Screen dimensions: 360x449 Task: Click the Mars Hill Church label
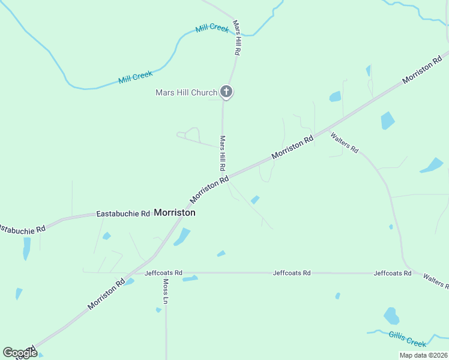click(x=186, y=92)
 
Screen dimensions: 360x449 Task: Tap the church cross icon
click(x=226, y=92)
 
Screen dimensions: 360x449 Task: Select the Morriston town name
click(x=175, y=212)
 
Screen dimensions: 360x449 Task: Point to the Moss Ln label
click(x=165, y=291)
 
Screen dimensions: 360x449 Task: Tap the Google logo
click(x=19, y=353)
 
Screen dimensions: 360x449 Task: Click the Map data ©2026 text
click(x=423, y=355)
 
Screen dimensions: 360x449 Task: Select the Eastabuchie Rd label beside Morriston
click(x=123, y=214)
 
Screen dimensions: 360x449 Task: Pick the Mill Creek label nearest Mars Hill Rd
click(x=212, y=28)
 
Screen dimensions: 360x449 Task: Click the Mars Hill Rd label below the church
click(x=222, y=152)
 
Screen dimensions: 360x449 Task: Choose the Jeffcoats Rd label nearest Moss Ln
click(x=163, y=272)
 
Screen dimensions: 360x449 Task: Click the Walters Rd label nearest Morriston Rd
click(x=344, y=142)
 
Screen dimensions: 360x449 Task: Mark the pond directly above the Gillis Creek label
click(x=391, y=316)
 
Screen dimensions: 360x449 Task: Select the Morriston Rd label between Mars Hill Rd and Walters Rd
click(x=292, y=147)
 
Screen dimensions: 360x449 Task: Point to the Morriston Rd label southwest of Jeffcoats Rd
click(x=106, y=292)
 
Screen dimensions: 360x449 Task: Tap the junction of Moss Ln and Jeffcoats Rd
click(x=166, y=273)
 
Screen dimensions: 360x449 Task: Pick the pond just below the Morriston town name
click(x=182, y=236)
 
